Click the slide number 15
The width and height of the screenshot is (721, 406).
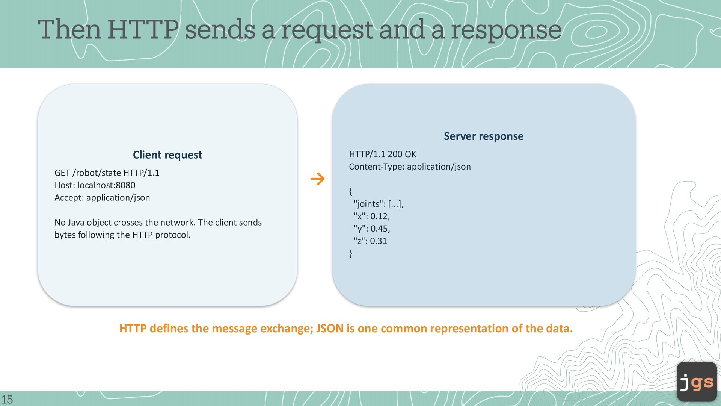click(x=7, y=399)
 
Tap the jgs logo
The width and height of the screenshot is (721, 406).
click(x=697, y=382)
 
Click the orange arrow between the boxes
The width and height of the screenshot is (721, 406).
click(x=318, y=179)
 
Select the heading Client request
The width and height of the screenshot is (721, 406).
click(x=167, y=155)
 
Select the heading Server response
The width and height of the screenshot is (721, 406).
click(x=484, y=136)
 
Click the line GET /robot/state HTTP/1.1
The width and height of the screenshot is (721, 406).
click(x=107, y=173)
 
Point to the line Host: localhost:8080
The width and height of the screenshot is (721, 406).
click(x=95, y=185)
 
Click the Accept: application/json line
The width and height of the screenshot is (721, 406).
click(x=102, y=198)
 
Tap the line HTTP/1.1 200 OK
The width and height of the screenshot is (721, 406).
click(x=383, y=154)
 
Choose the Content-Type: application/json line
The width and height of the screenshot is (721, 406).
click(x=410, y=167)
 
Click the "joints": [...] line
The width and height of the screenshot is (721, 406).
click(x=379, y=204)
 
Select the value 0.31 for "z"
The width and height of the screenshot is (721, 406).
click(x=379, y=241)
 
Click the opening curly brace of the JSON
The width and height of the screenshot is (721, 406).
click(x=351, y=191)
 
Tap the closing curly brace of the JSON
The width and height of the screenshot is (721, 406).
click(x=351, y=253)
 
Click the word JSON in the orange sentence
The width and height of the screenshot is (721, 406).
click(x=330, y=329)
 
